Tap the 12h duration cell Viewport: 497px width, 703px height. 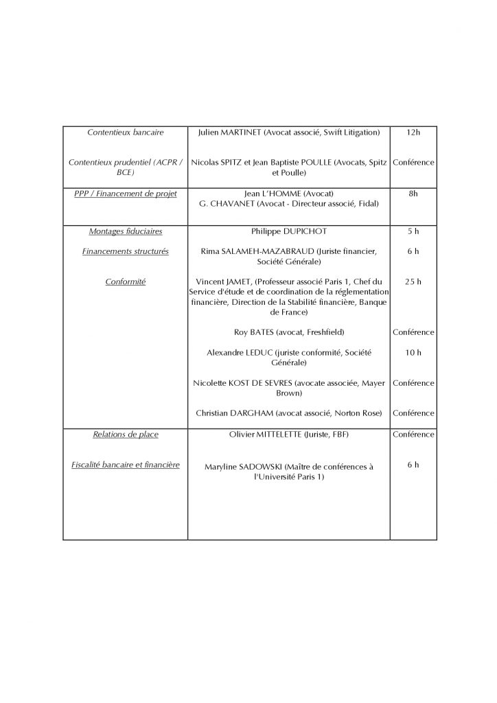[413, 132]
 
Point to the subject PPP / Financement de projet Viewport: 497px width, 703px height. [125, 194]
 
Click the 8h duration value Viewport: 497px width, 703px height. [413, 194]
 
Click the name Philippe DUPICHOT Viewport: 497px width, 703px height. [288, 231]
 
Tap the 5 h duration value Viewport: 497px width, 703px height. [413, 231]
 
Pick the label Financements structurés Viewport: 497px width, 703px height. [125, 251]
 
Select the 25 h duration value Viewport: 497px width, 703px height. [413, 281]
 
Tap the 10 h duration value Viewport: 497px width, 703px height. [413, 353]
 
